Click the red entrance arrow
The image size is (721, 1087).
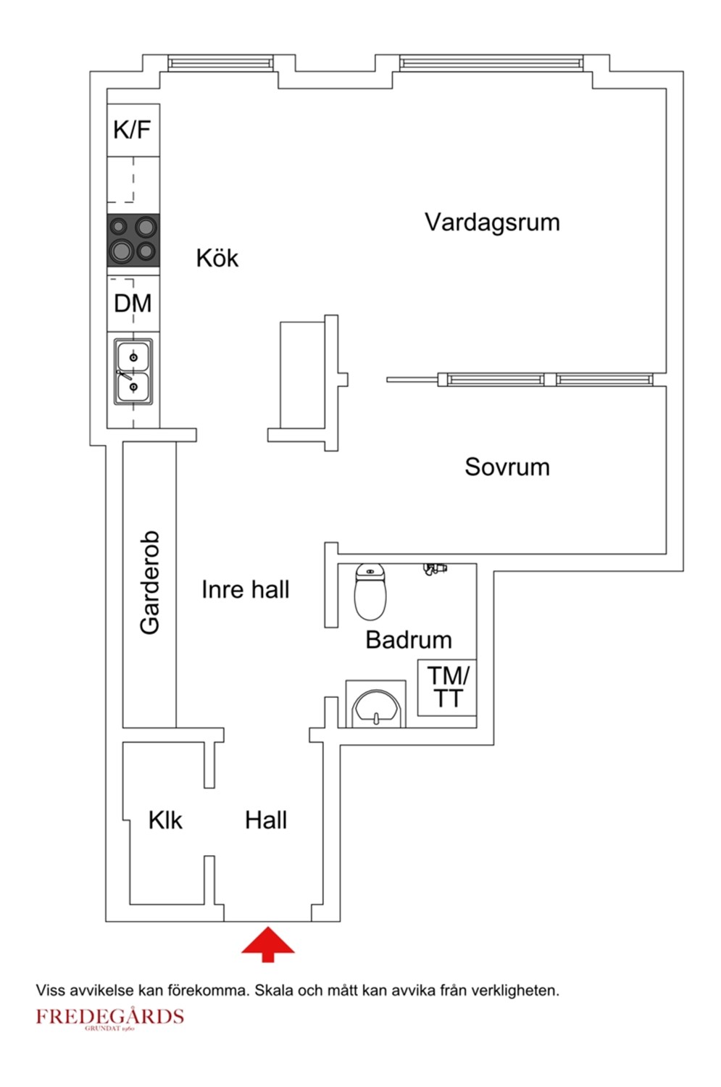point(268,944)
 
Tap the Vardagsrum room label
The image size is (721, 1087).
point(492,222)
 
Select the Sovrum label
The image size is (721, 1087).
point(507,467)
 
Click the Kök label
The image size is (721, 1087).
point(217,258)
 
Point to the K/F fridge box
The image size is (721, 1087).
point(133,130)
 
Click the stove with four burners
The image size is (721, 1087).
point(133,240)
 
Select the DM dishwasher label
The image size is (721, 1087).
point(133,303)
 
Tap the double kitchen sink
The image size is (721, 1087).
point(133,372)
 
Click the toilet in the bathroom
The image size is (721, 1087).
point(370,592)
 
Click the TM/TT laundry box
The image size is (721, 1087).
point(448,687)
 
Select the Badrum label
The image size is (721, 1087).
point(409,640)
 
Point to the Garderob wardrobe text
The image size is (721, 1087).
point(149,583)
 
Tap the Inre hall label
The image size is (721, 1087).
point(245,589)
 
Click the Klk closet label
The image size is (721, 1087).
point(165,820)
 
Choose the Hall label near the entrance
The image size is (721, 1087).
point(265,820)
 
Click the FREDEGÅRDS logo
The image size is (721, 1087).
point(109,1017)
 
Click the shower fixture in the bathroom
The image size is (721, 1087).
point(435,568)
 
